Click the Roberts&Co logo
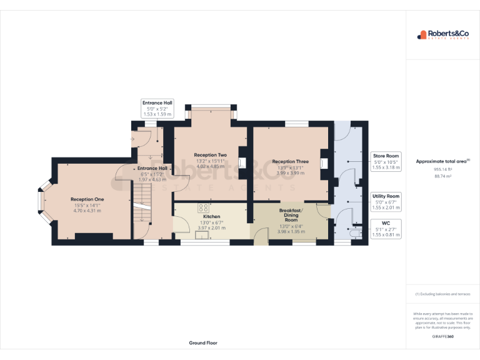coord(443,35)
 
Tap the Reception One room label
coord(87,199)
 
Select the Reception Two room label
coord(210,155)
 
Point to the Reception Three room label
coord(290,161)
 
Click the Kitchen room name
coord(211,216)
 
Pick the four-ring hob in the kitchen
coord(204,207)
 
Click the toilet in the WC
coord(357,234)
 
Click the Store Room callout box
coord(386,161)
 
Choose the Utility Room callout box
coord(386,201)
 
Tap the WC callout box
coord(386,229)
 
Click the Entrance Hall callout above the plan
coord(157,108)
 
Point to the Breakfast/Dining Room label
coord(291,216)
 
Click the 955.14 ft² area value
coord(442,169)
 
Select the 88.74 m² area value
coord(442,176)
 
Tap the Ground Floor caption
coord(203,342)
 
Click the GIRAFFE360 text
coord(442,337)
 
